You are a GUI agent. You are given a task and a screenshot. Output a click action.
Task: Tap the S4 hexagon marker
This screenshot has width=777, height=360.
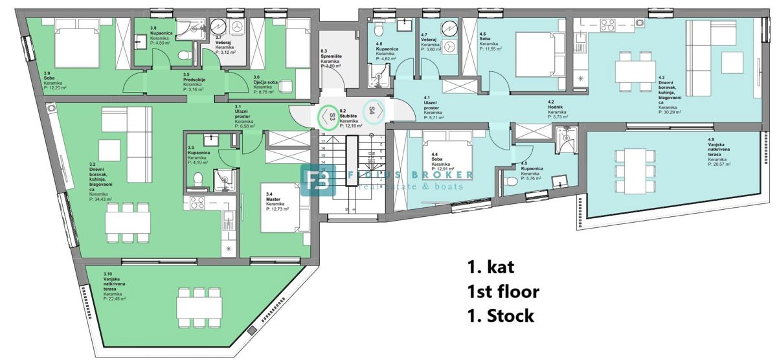coord(373,110)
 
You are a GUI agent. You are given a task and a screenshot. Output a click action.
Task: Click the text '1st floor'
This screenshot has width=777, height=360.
coord(502,291)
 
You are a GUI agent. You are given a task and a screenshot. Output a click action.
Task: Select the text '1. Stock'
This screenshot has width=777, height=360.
coord(501,316)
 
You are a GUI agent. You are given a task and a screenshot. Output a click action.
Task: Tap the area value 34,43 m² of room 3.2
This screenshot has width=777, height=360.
coord(100,199)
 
